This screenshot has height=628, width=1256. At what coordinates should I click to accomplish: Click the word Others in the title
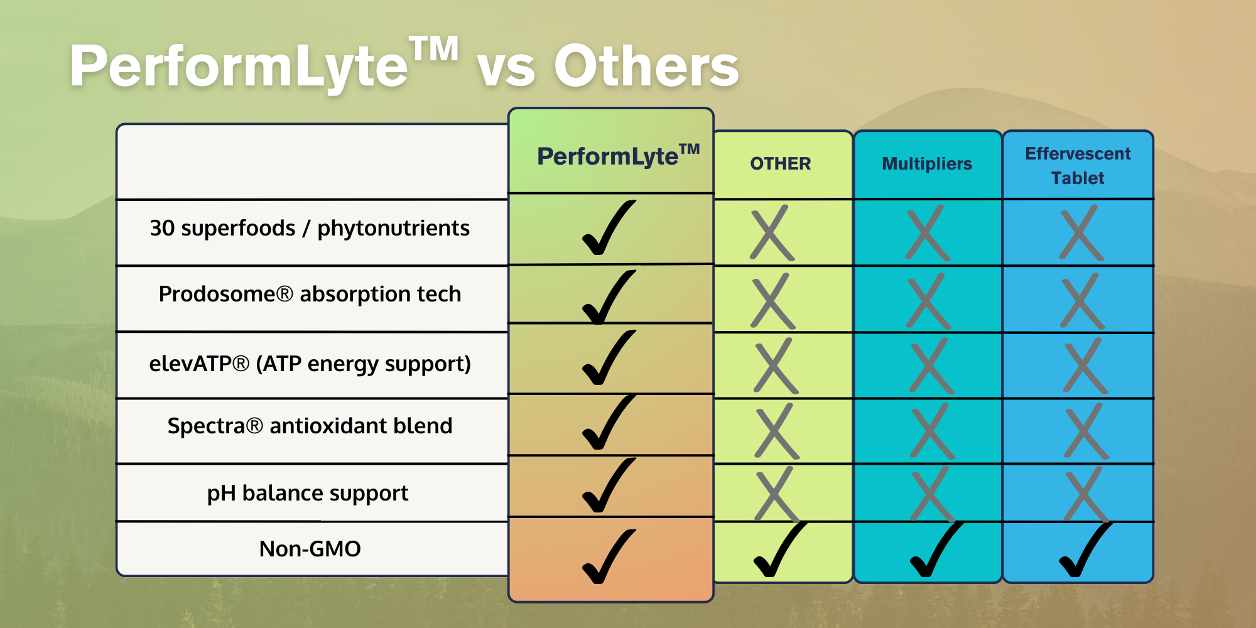tap(646, 66)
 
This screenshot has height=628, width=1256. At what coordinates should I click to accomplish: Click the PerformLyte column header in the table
tap(618, 155)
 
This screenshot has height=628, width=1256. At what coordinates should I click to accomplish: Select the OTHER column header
tap(781, 163)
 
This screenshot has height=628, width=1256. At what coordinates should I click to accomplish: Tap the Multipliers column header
tap(927, 163)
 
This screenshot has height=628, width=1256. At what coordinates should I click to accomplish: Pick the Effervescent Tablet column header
tap(1078, 166)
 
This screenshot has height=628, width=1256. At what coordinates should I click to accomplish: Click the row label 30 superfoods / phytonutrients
tap(310, 228)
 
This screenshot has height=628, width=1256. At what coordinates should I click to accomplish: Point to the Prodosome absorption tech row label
tap(310, 294)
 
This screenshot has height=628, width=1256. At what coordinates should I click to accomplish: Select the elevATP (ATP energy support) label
tap(310, 364)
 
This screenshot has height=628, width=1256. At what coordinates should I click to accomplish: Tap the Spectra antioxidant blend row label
tap(310, 426)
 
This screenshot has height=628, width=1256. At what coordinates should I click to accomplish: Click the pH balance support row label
tap(308, 493)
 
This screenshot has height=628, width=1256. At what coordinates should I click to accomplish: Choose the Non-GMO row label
tap(310, 549)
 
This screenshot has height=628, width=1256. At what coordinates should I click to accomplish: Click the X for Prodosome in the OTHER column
tap(773, 301)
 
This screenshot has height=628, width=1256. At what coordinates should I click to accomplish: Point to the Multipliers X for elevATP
tap(932, 366)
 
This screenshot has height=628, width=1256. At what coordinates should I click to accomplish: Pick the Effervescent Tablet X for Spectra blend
tap(1086, 431)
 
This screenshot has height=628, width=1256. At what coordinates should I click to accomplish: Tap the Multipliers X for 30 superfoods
tap(928, 232)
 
